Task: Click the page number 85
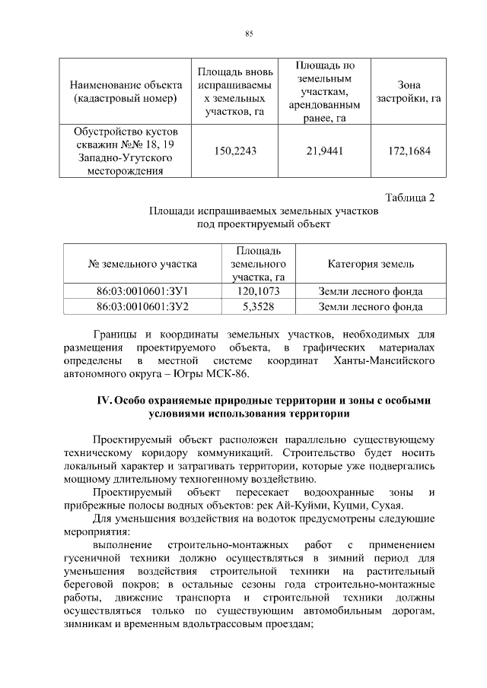248,33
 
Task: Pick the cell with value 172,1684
409,151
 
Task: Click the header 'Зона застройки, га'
409,92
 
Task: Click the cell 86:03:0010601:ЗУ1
142,291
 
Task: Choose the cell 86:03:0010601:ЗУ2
142,306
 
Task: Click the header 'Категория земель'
371,264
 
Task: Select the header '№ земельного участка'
142,264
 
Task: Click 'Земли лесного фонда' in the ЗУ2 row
371,306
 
